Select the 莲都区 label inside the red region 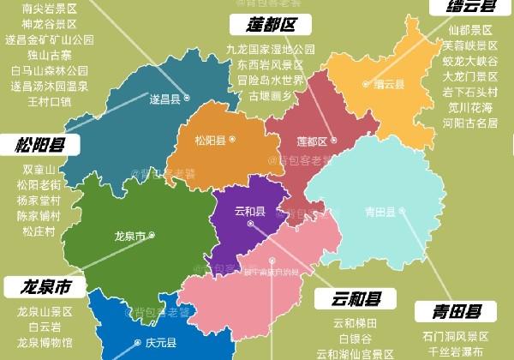[311, 141]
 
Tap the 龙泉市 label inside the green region [129, 236]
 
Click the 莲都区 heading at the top [270, 24]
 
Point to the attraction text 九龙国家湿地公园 [271, 50]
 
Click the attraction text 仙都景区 [470, 30]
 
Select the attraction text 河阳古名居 [470, 123]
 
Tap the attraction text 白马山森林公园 [50, 70]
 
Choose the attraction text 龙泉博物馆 [45, 342]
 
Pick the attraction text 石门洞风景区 [455, 337]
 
